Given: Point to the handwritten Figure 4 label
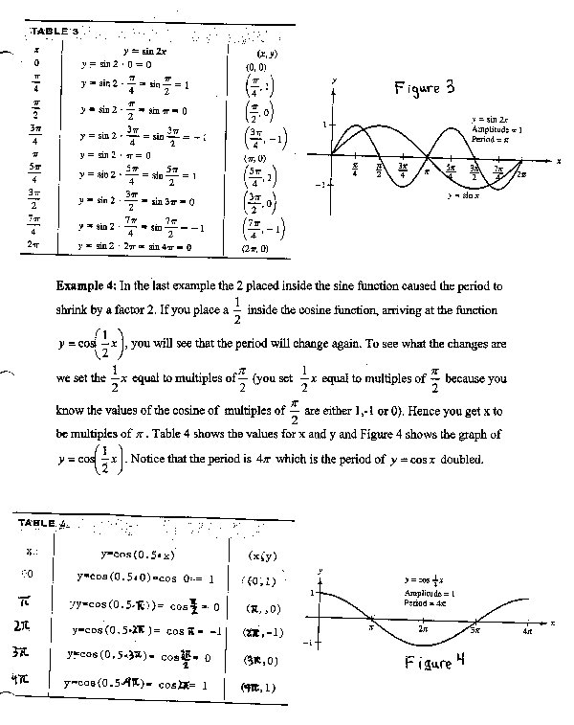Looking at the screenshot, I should tap(434, 664).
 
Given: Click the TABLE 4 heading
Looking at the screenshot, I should tap(43, 522).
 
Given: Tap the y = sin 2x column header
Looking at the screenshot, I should tap(144, 48).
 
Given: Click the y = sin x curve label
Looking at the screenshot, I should tap(463, 195).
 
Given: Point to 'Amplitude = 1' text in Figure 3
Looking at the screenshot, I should tap(497, 128).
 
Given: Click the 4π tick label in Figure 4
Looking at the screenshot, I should tap(528, 632).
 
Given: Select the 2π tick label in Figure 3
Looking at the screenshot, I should tap(521, 173).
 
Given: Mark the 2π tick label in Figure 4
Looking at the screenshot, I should tap(424, 630).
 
